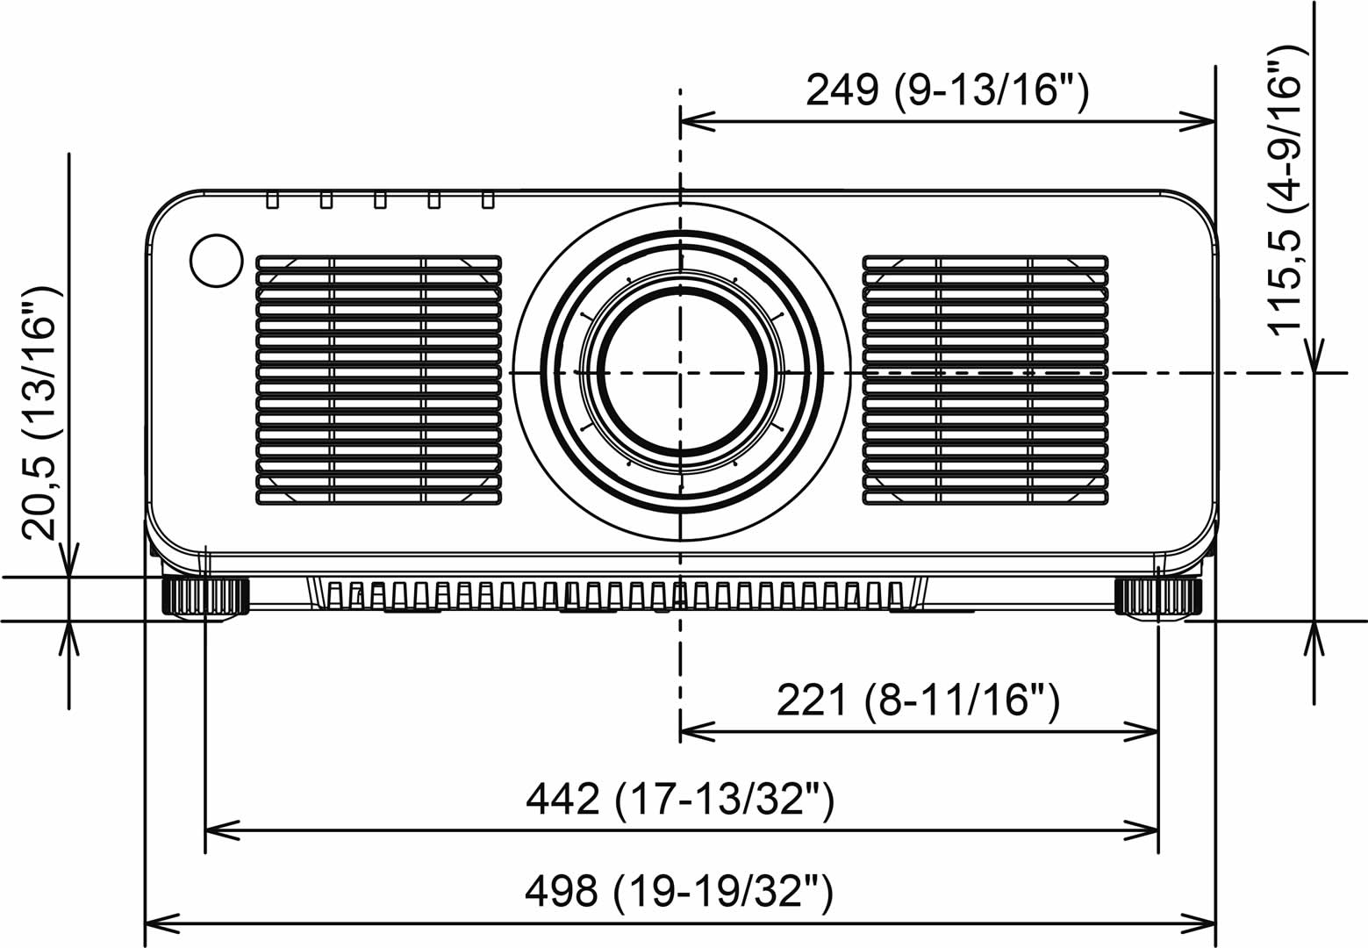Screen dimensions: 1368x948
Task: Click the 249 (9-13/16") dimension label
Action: [x=947, y=91]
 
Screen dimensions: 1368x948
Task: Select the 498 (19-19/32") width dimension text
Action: [x=679, y=891]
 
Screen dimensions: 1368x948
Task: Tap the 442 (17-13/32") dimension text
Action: [x=680, y=799]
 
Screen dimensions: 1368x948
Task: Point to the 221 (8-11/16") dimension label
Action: [x=918, y=700]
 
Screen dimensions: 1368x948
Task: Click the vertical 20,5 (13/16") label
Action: [x=41, y=413]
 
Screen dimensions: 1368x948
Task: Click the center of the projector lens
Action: [x=680, y=372]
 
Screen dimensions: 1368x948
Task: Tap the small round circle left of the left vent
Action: [x=216, y=261]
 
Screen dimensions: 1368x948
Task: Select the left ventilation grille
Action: [x=379, y=380]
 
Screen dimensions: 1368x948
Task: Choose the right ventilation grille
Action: [x=985, y=380]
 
